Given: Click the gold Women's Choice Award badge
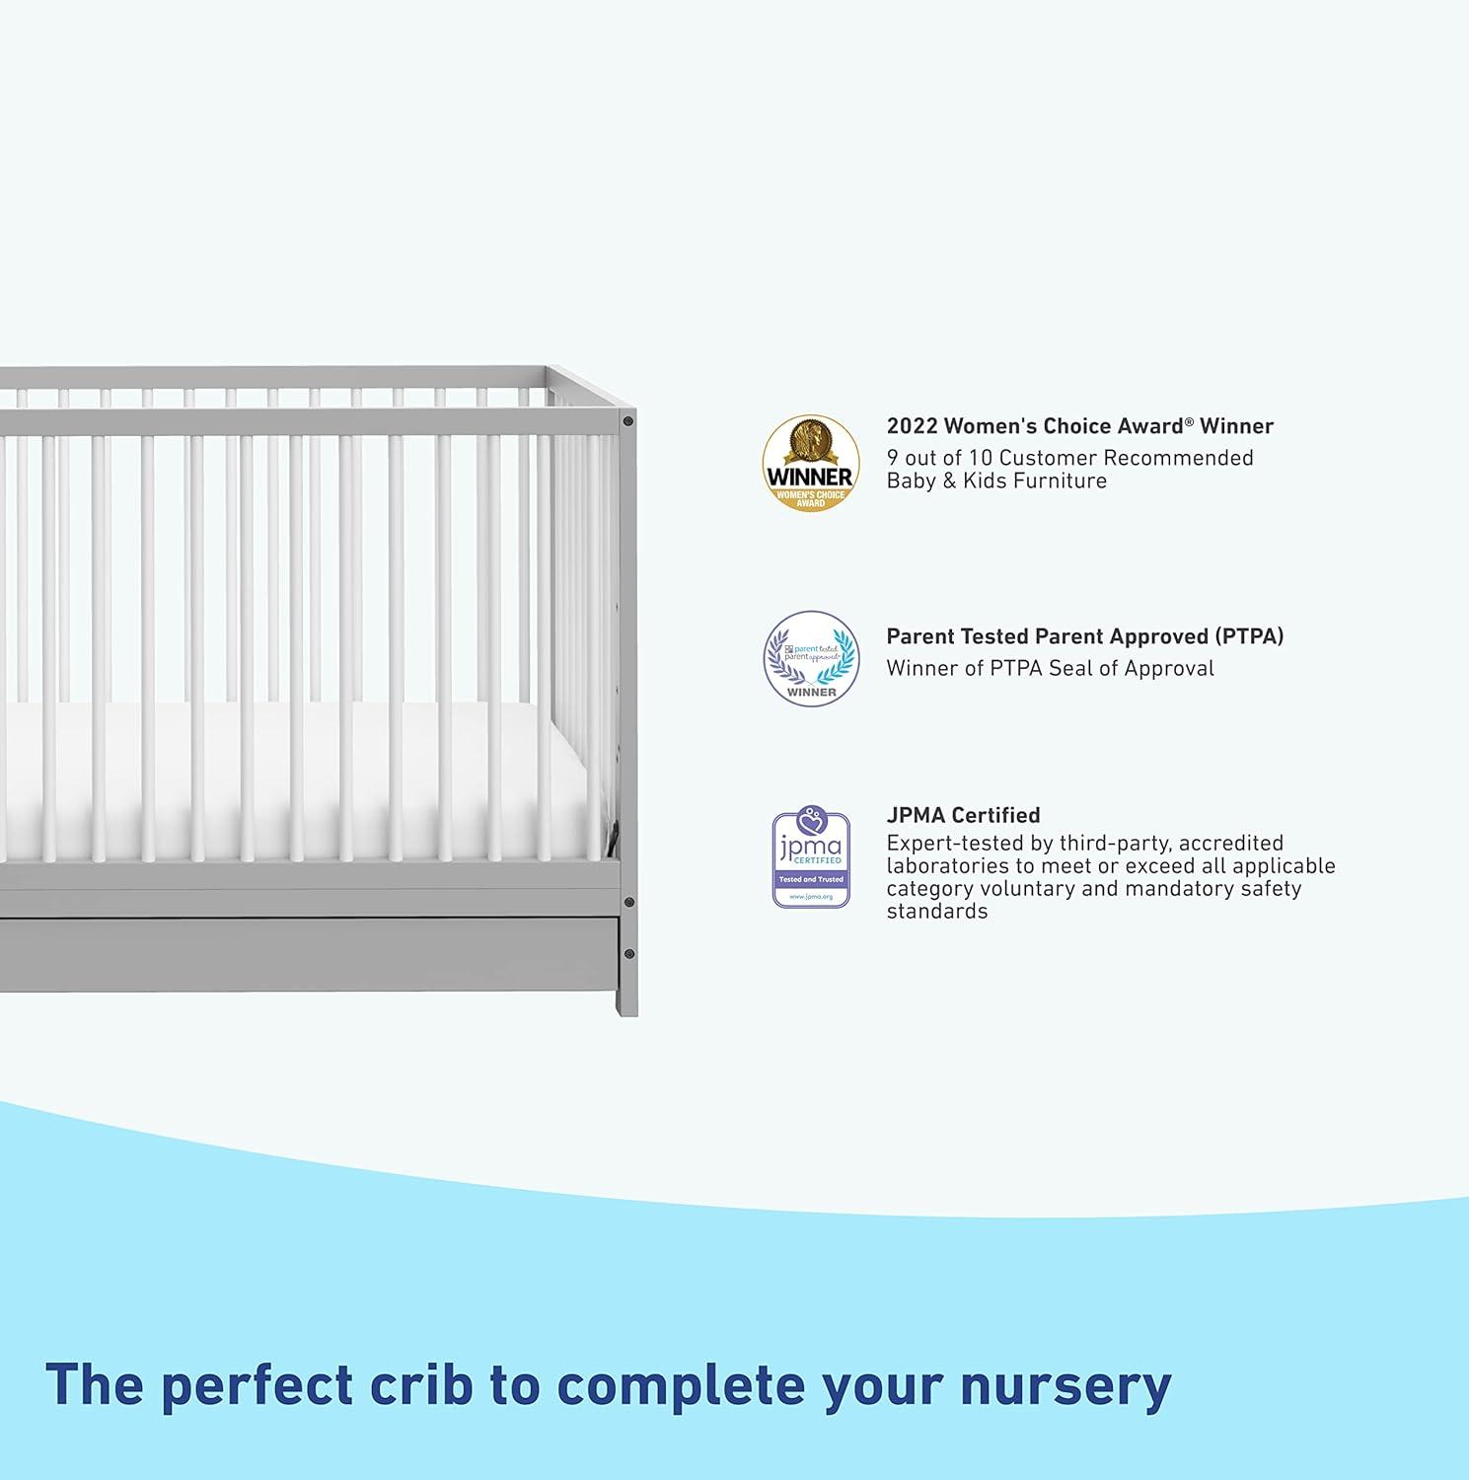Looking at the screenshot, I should [x=810, y=463].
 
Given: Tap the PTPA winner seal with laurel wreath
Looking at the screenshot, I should [x=811, y=658].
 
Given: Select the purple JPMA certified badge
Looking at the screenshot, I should [x=811, y=858].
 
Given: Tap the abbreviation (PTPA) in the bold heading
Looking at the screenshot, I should [x=1249, y=636].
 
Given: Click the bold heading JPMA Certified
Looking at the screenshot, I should [x=963, y=815].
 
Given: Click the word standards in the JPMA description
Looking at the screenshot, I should [x=936, y=912].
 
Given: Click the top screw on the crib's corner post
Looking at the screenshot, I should [x=627, y=421].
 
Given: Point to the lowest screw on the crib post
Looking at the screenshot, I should [x=628, y=954].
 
